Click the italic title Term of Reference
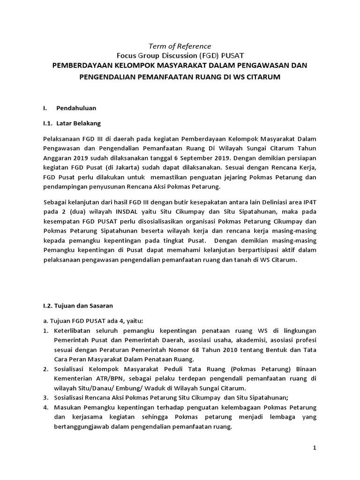pyautogui.click(x=180, y=46)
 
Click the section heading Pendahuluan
pyautogui.click(x=76, y=108)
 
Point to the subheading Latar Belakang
pyautogui.click(x=78, y=124)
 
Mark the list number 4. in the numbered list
pyautogui.click(x=45, y=408)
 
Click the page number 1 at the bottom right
pyautogui.click(x=315, y=448)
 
